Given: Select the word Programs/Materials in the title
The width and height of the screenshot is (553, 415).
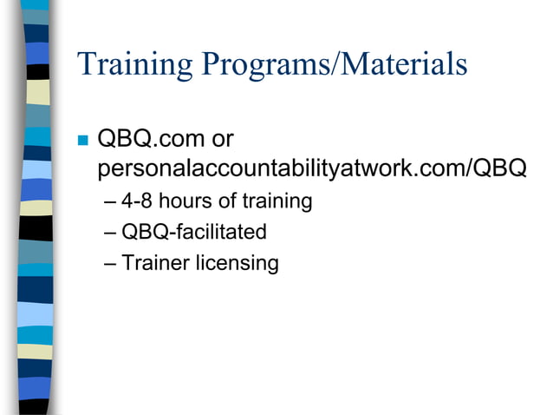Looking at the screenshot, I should (x=333, y=65).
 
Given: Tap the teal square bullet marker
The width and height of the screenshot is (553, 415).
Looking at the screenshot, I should (x=83, y=139).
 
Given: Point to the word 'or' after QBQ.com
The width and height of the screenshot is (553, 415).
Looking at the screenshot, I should (x=222, y=139).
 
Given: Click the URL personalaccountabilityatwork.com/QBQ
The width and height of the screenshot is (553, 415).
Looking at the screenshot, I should (x=313, y=168).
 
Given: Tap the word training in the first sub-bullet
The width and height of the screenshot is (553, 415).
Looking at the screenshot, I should (x=276, y=202).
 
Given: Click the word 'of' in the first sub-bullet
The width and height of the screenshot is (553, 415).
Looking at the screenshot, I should (x=227, y=201).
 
